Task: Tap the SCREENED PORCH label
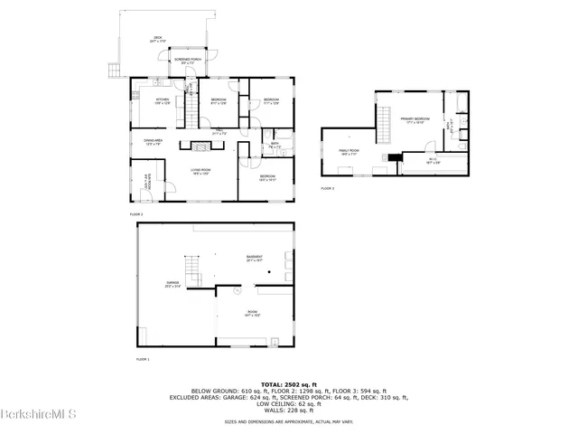[x=188, y=60]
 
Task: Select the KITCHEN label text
[x=163, y=99]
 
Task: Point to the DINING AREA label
[x=153, y=140]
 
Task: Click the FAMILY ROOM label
[x=349, y=150]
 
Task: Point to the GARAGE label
[x=172, y=283]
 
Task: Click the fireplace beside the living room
[x=193, y=146]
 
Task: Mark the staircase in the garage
[x=192, y=269]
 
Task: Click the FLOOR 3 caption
[x=327, y=188]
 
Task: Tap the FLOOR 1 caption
[x=142, y=359]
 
